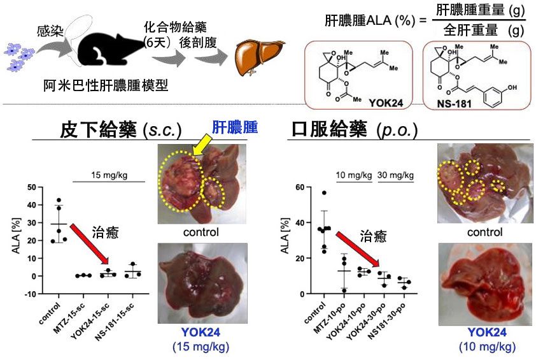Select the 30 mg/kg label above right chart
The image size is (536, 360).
pyautogui.click(x=396, y=175)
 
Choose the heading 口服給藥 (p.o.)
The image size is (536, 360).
pyautogui.click(x=354, y=129)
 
